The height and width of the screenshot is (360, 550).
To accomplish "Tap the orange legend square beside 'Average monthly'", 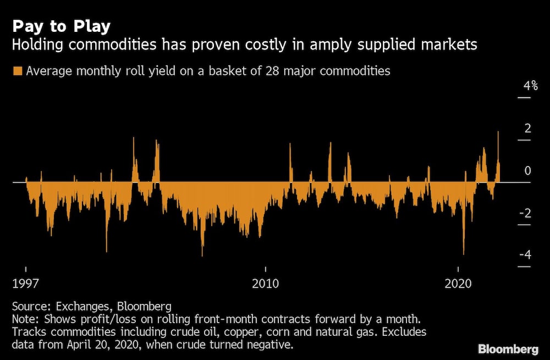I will (17, 71).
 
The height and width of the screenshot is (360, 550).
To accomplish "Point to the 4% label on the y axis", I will (530, 86).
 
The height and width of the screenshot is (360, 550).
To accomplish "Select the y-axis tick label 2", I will (528, 129).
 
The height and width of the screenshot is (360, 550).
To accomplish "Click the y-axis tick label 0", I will (528, 171).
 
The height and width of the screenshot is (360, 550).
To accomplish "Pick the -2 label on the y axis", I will (526, 213).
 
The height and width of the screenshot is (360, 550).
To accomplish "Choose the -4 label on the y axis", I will (526, 255).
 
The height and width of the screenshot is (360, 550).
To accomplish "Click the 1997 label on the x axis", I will (26, 284).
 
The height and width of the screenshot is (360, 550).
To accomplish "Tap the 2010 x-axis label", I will (266, 284).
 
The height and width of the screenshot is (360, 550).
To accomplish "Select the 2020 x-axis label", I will (458, 284).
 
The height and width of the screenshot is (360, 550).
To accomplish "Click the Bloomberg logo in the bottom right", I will (508, 348).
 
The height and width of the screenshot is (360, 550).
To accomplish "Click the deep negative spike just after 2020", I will (464, 250).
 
